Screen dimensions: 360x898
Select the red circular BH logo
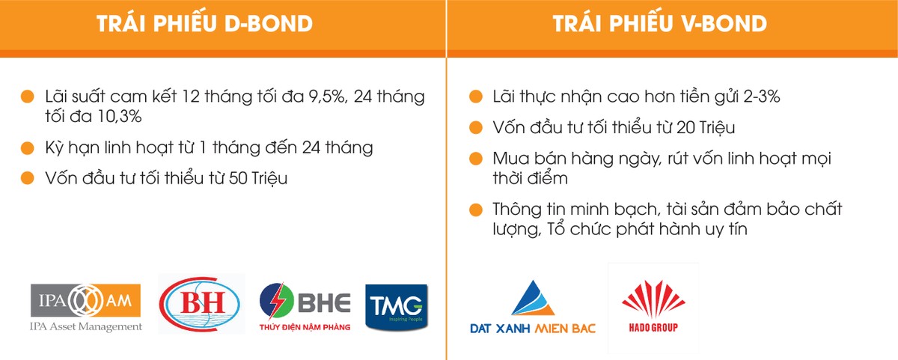pos(201,304)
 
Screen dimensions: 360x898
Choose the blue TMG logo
pos(397,306)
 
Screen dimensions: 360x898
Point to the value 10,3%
pos(117,117)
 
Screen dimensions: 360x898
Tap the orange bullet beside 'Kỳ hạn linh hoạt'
pos(28,147)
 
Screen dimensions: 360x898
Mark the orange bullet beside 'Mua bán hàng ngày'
pos(475,159)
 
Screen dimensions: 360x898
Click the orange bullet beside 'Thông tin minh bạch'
pos(475,210)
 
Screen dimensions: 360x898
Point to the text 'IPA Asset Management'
pos(86,326)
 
